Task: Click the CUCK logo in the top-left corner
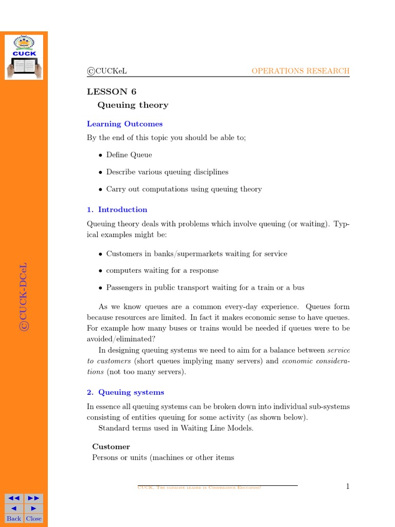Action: tap(24, 57)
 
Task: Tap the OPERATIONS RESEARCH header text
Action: tap(300, 71)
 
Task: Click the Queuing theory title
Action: tap(133, 105)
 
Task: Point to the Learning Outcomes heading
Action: tap(124, 124)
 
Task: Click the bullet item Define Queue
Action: tap(129, 155)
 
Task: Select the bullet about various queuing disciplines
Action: tap(167, 172)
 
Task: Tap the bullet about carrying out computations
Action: tap(184, 189)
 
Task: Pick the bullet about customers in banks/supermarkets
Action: tap(196, 254)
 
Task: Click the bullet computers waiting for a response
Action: tap(162, 271)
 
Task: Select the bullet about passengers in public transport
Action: tap(205, 288)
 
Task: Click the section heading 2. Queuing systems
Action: tap(125, 392)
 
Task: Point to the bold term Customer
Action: tap(111, 447)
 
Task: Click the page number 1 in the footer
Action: tap(348, 486)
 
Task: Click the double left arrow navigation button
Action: tap(14, 498)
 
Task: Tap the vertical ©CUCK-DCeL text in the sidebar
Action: tap(24, 297)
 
